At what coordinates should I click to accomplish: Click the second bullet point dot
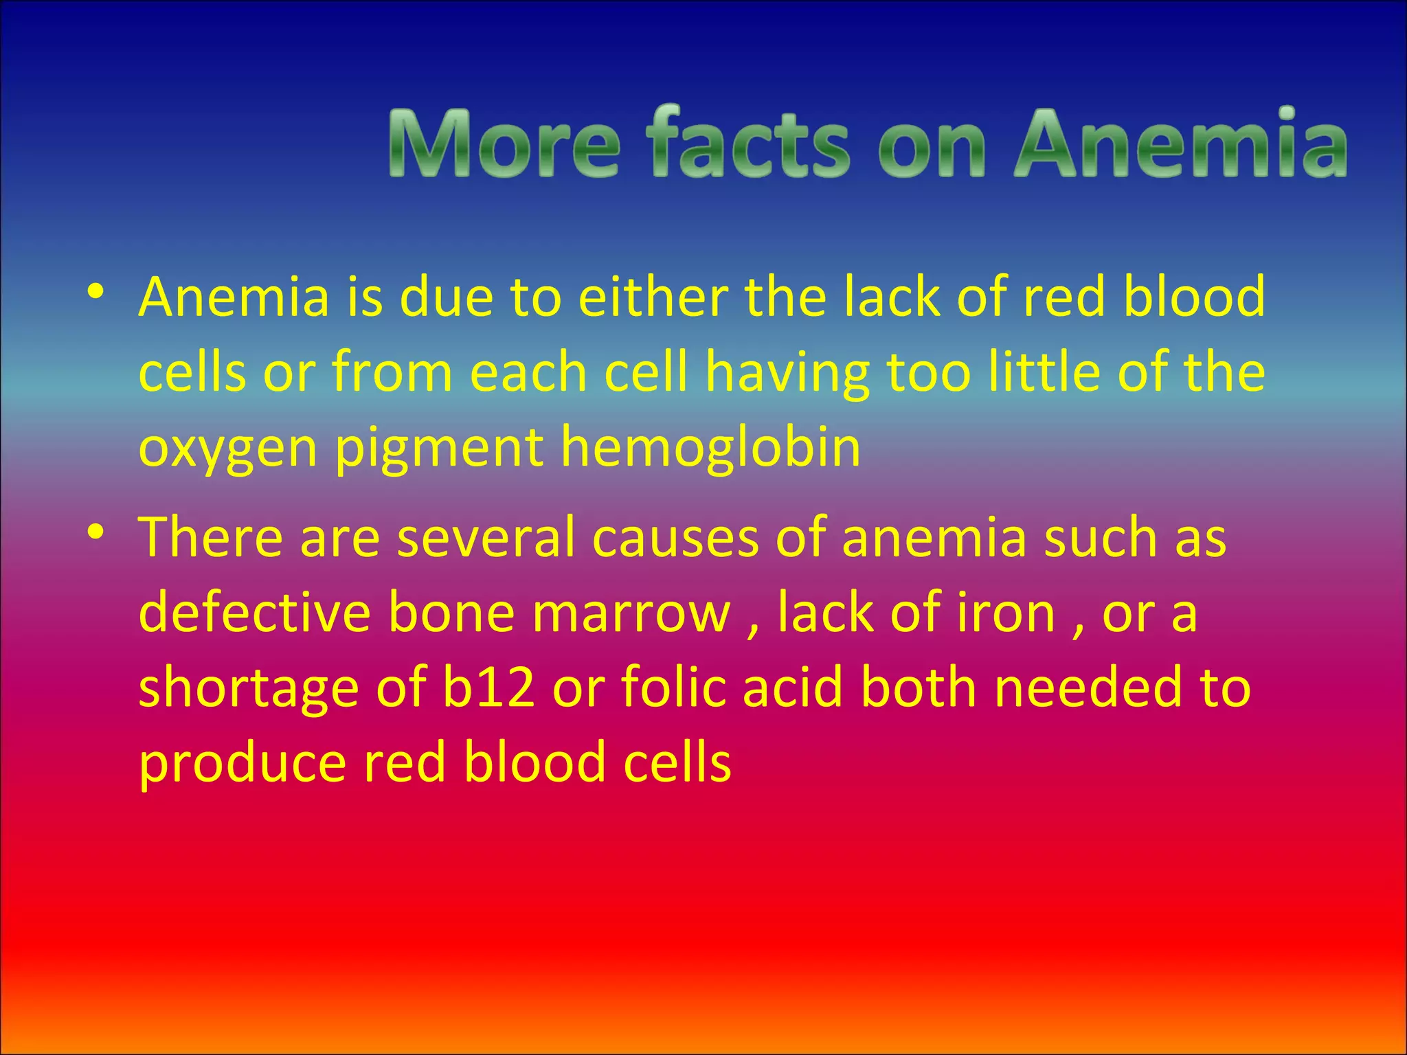[x=96, y=532]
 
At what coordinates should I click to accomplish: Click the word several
[x=485, y=537]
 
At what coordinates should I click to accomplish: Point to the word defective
[x=254, y=612]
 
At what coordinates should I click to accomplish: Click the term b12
[x=488, y=688]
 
